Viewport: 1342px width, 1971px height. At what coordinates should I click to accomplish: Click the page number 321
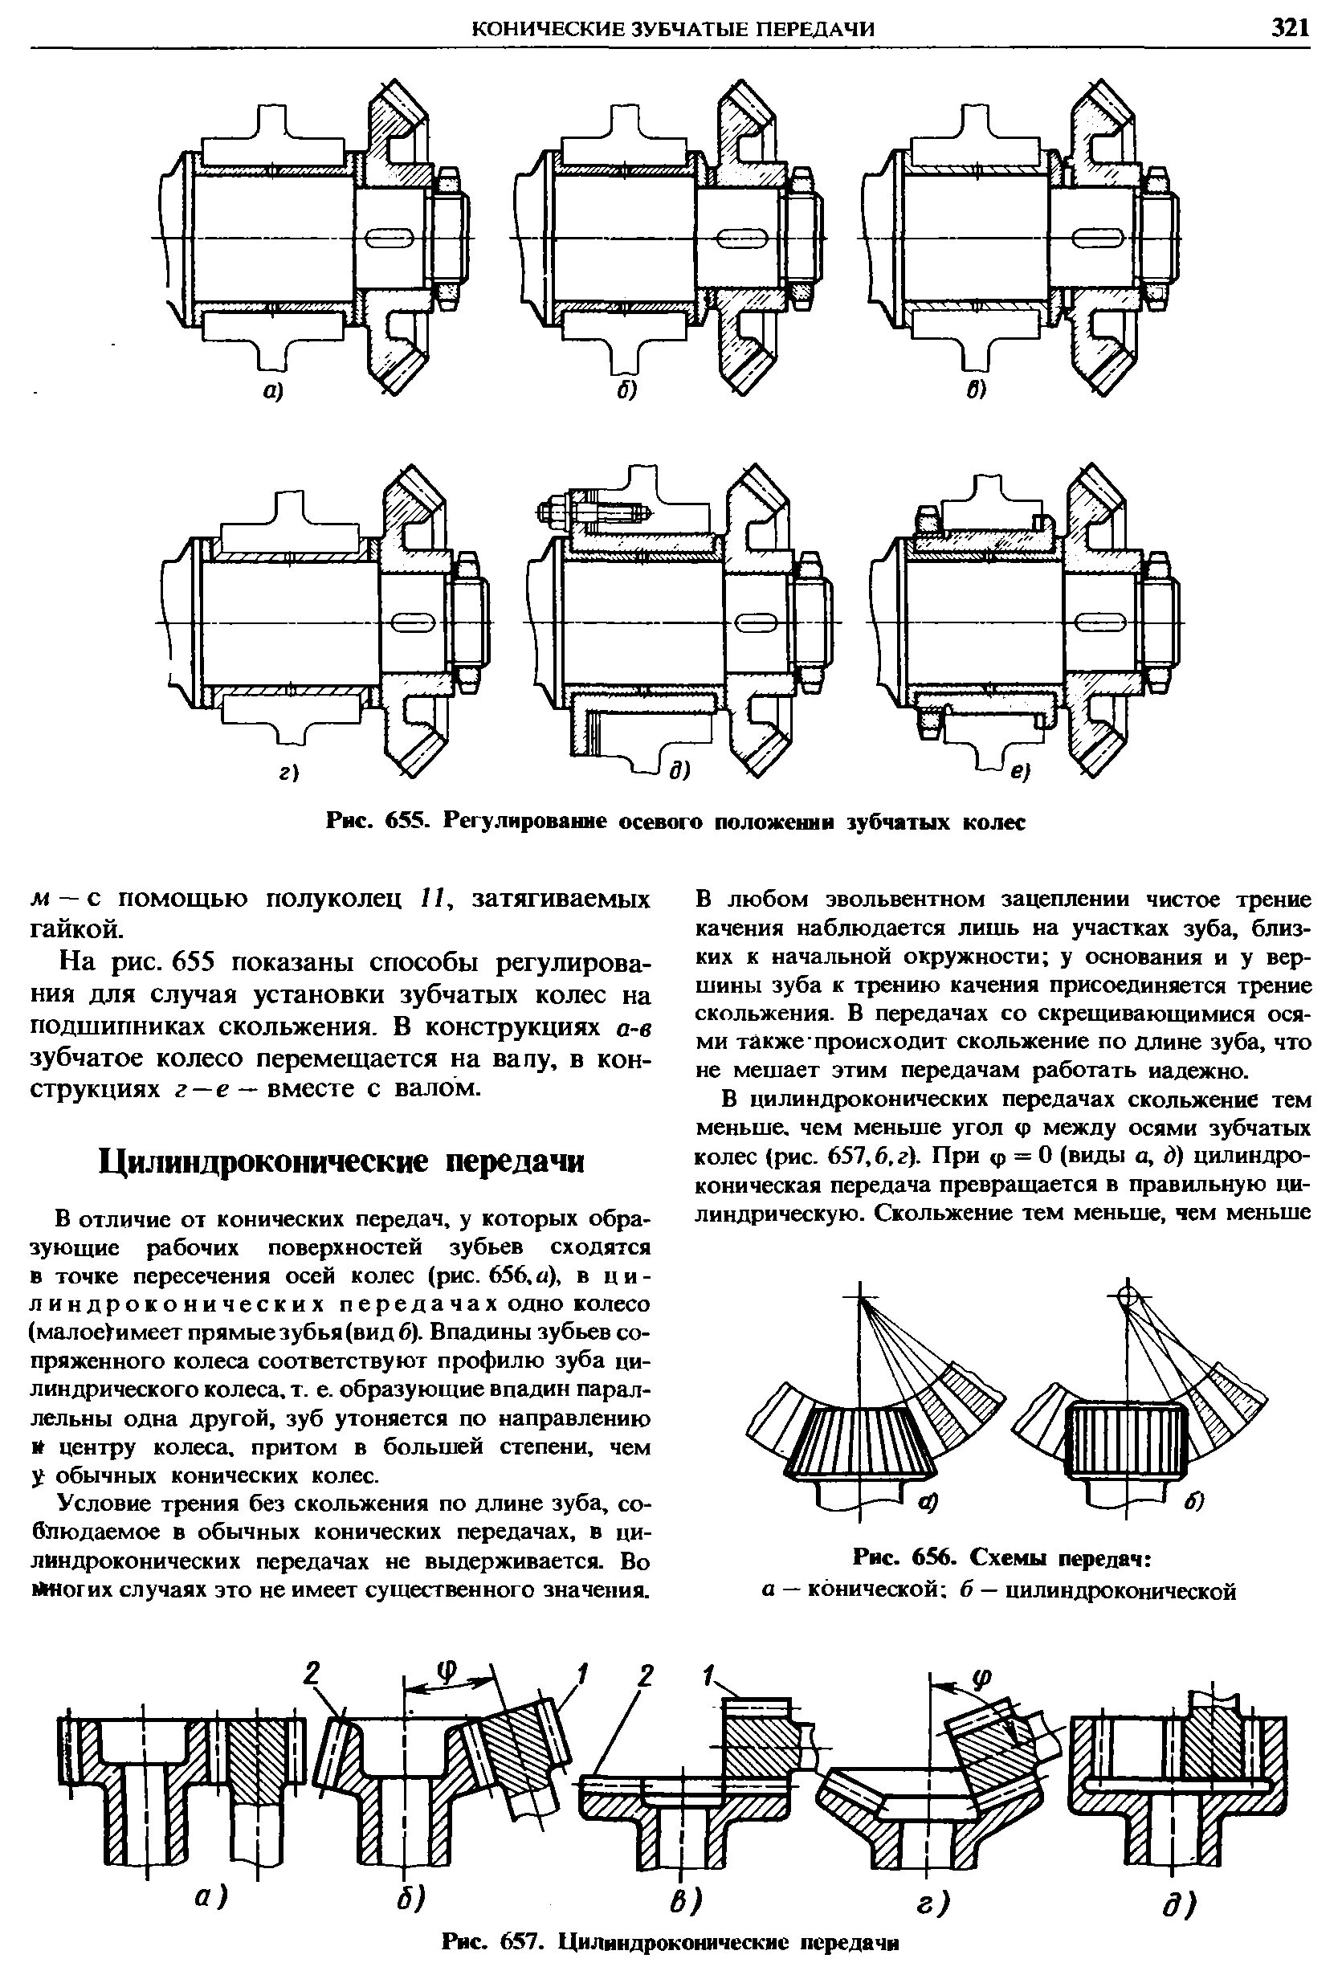click(1290, 28)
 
